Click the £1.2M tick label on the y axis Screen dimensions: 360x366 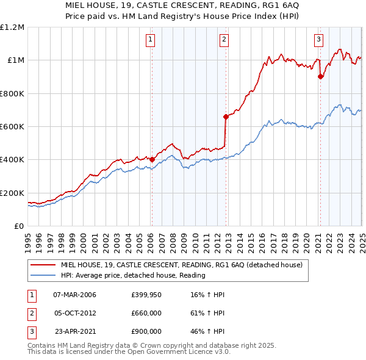click(x=13, y=27)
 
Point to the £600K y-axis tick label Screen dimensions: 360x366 click(x=12, y=127)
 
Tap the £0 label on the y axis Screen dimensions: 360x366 click(x=18, y=226)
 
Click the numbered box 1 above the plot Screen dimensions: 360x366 click(x=150, y=40)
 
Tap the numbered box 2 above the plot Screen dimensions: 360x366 click(x=224, y=40)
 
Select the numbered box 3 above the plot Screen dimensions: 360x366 click(x=318, y=40)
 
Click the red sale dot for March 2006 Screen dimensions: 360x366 click(x=152, y=159)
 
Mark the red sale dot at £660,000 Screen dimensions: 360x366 click(x=226, y=116)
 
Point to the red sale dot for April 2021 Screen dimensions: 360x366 click(x=320, y=76)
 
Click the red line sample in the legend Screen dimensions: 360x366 click(x=43, y=265)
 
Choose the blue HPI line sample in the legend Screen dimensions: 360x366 click(x=43, y=275)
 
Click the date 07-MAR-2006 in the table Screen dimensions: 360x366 click(x=74, y=295)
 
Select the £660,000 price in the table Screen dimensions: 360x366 click(x=146, y=313)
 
